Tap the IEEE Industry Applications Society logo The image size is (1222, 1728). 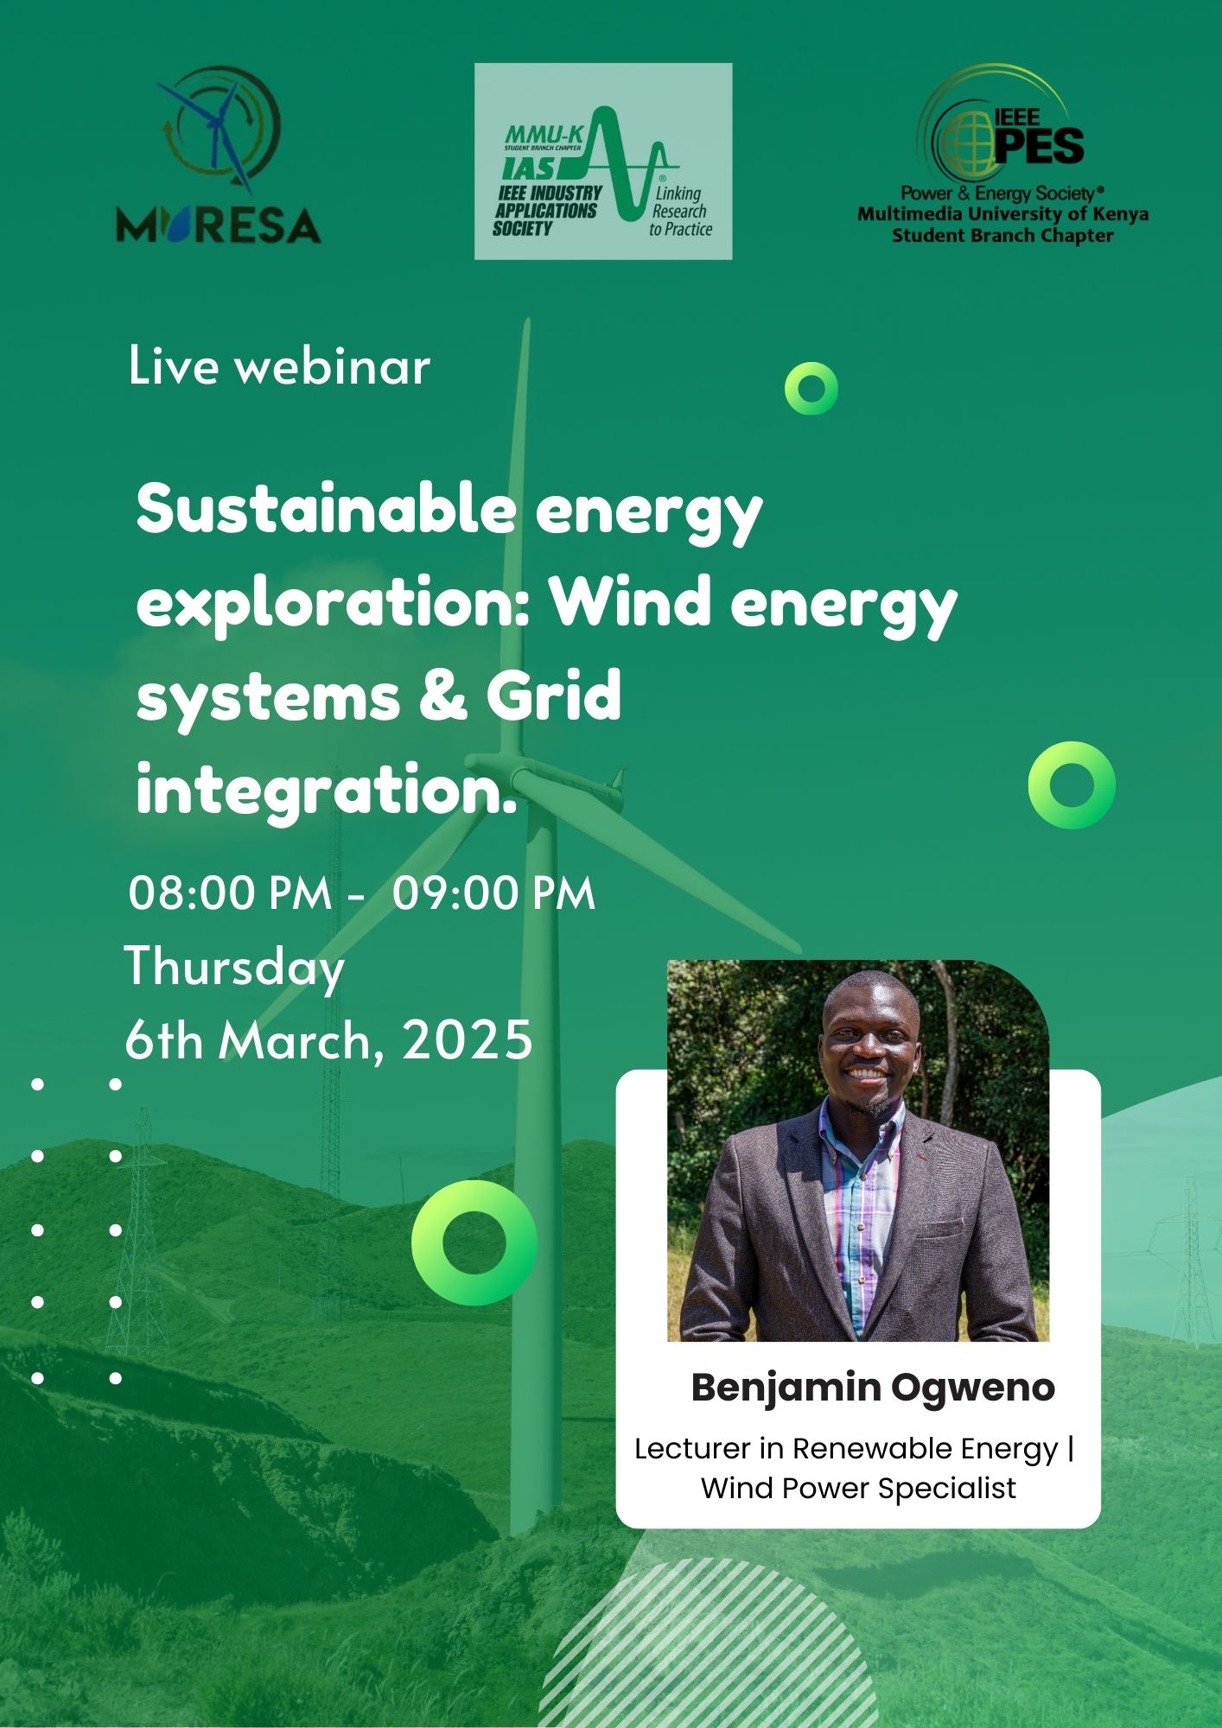603,162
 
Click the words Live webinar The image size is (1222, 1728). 279,365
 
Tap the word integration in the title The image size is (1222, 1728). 319,791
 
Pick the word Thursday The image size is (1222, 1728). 235,968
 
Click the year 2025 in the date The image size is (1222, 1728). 468,1039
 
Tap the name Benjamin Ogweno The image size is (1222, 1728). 873,1388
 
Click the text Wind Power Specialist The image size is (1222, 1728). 858,1488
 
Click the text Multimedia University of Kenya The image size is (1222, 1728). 1002,214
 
